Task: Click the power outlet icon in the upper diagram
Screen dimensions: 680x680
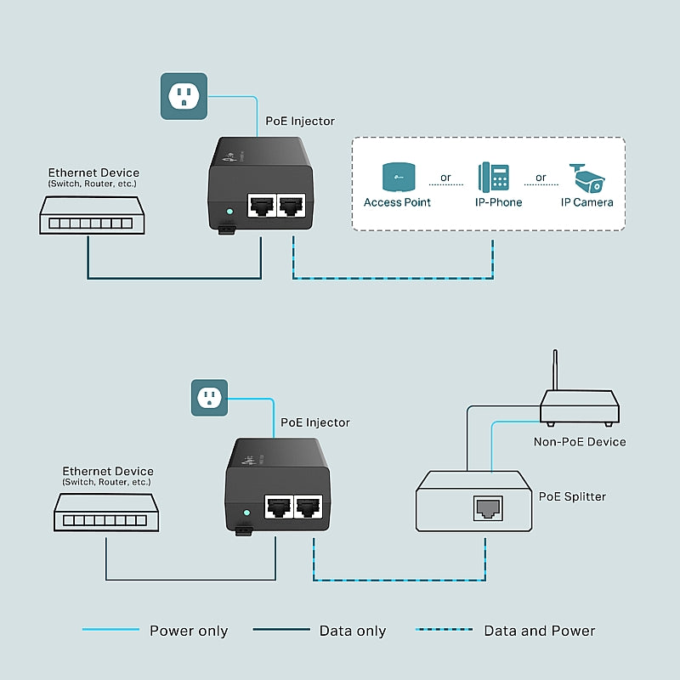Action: [184, 95]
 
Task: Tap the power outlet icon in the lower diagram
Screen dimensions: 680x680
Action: [208, 397]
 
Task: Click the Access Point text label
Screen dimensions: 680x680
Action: [397, 202]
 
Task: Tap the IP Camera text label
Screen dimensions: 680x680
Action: [586, 202]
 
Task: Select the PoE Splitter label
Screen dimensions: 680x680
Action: [573, 496]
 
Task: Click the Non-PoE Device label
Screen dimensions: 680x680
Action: [580, 441]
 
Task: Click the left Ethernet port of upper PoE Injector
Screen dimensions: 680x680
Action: [260, 205]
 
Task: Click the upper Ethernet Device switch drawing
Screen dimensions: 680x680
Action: [88, 216]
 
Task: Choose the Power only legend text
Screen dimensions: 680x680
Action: [189, 631]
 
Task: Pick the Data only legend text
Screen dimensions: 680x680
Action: [352, 631]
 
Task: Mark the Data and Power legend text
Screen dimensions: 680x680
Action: [539, 631]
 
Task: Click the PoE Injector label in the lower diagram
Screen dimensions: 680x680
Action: [314, 422]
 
